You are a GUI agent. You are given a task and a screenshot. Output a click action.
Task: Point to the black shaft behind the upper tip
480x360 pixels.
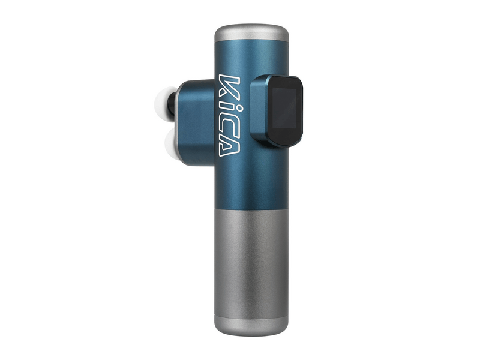[172, 103]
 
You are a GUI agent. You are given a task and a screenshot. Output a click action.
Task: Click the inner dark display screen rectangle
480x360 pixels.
[283, 110]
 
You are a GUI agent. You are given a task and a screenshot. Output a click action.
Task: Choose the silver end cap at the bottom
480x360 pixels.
[251, 324]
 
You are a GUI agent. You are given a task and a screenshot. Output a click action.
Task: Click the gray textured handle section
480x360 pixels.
[251, 258]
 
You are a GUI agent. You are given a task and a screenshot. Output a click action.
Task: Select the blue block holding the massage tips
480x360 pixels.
[196, 123]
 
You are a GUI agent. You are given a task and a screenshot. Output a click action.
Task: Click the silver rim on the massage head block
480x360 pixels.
[178, 123]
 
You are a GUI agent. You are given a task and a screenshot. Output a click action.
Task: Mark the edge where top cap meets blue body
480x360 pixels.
[251, 42]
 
